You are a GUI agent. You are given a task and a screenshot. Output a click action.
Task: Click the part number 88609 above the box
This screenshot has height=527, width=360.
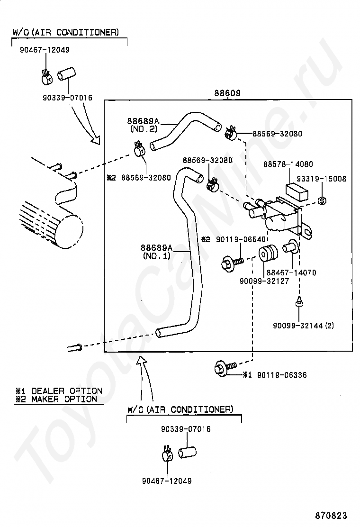coord(227,93)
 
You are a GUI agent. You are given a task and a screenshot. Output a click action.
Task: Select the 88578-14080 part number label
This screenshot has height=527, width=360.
coord(288,164)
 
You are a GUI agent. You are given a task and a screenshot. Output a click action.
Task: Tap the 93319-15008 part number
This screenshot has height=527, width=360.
coord(321,179)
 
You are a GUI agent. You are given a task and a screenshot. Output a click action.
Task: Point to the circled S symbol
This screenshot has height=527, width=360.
coord(322,201)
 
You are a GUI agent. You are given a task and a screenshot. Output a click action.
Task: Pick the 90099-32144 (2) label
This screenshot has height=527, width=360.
coord(303,325)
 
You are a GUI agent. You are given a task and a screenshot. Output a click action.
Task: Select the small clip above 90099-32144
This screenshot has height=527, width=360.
coord(298,302)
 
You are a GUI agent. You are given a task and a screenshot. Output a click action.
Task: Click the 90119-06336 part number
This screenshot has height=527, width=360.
coord(282,375)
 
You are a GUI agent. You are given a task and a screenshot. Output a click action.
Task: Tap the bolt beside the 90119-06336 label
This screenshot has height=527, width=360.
coord(225,367)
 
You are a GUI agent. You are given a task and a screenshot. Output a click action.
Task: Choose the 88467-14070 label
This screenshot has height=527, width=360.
coord(291,273)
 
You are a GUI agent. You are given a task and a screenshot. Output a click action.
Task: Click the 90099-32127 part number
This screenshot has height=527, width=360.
coord(264,281)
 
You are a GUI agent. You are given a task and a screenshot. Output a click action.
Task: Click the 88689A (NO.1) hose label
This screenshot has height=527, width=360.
coord(156,252)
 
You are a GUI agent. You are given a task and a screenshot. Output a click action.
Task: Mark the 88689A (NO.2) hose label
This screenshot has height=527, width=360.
coord(144,125)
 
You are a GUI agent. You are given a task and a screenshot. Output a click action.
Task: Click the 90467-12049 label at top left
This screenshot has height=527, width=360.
coord(45,50)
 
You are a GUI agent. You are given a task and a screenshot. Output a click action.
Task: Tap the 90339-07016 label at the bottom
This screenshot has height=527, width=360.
coord(186,429)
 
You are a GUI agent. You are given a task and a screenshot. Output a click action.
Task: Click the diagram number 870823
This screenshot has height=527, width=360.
coord(331,515)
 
